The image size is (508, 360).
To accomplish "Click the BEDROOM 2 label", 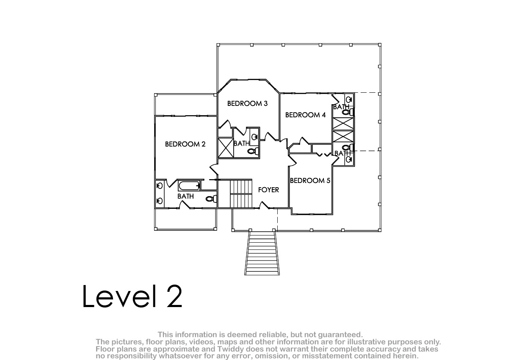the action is pos(185,144).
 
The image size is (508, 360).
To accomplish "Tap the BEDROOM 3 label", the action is pos(247,103).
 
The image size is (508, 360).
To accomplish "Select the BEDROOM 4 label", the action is pos(305,115).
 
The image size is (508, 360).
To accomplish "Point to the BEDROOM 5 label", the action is pos(310,180).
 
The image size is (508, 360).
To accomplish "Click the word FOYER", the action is pos(268,190).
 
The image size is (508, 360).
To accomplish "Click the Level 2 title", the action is pos(132,296).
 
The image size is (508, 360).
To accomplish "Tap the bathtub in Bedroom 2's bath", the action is pos(189,186).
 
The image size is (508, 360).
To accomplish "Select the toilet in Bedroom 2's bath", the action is pos(211,199).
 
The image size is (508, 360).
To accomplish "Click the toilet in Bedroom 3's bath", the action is pos(253,151).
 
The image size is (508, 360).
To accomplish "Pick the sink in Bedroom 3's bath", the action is pos(255,137).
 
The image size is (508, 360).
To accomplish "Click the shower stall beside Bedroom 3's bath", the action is pos(226,147).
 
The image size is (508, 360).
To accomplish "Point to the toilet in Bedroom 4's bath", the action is pos(348,112).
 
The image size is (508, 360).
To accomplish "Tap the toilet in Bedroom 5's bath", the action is pos(348,148).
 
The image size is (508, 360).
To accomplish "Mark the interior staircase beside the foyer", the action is pos(241,194).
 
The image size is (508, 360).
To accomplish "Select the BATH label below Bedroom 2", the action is pos(185,196).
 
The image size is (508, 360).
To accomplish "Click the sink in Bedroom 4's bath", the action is pos(349,100).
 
